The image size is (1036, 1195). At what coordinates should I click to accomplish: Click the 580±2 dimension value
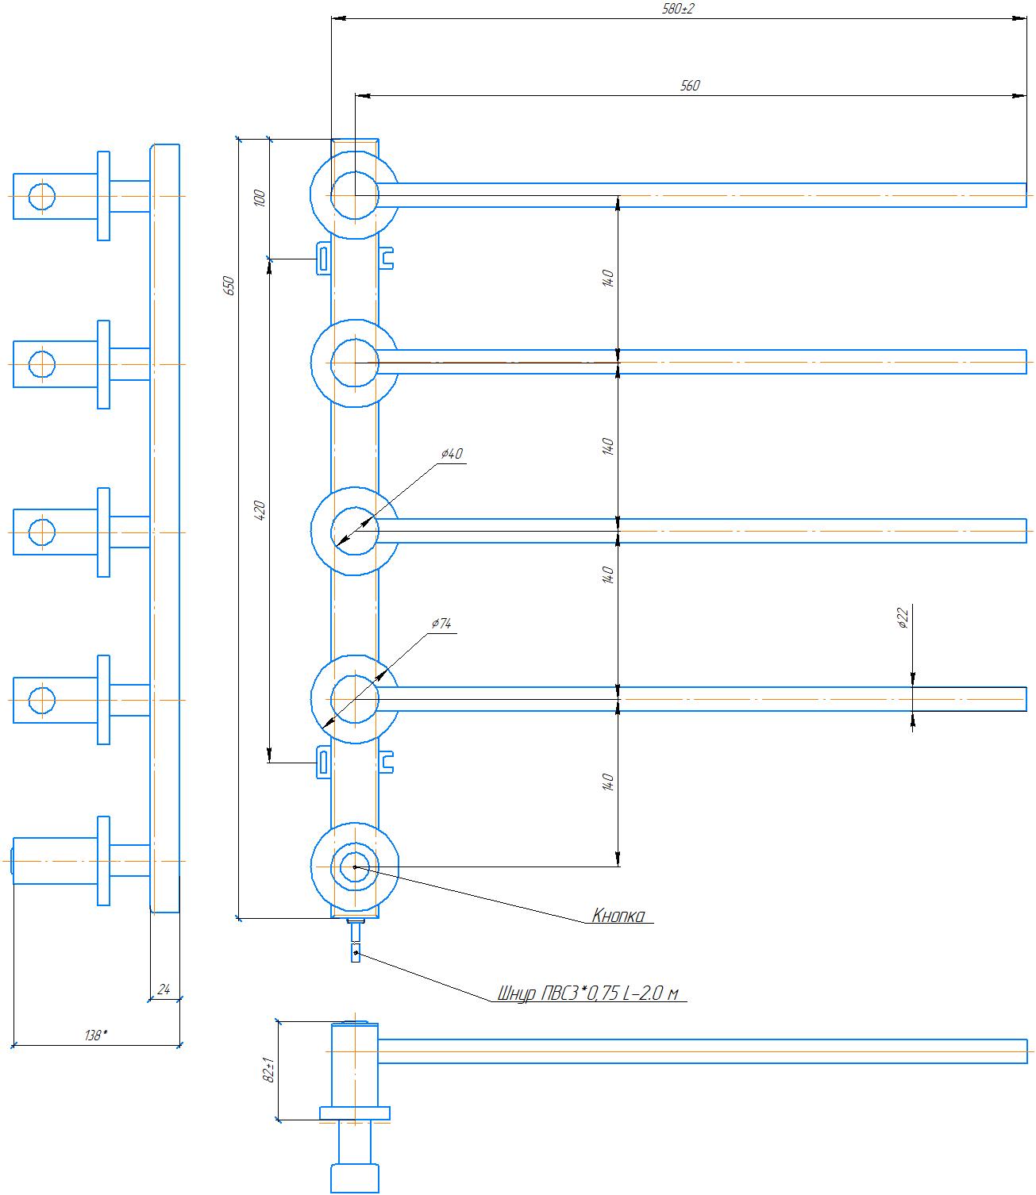(x=677, y=10)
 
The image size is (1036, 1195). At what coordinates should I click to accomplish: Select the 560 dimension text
(x=690, y=86)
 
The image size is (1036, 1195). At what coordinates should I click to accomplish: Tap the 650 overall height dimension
(x=229, y=286)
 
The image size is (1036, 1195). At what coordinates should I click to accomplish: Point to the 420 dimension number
(x=260, y=510)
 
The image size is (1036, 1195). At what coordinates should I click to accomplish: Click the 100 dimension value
(x=260, y=198)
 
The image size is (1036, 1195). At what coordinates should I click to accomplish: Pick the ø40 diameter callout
(x=452, y=454)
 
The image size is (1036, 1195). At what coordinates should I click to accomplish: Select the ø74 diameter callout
(x=441, y=623)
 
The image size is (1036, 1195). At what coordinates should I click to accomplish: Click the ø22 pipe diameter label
(x=903, y=618)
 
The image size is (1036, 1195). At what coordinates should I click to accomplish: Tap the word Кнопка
(x=618, y=915)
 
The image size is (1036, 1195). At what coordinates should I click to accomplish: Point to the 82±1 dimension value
(x=269, y=1070)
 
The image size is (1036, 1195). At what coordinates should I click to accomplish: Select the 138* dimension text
(x=96, y=1036)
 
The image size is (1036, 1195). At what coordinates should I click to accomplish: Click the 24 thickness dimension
(x=164, y=989)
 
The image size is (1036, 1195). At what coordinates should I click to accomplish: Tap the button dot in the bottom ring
(x=355, y=867)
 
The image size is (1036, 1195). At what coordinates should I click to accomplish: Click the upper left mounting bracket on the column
(x=323, y=258)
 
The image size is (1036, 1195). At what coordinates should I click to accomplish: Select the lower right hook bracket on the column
(x=386, y=762)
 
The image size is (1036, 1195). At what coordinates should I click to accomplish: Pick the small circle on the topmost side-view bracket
(x=41, y=197)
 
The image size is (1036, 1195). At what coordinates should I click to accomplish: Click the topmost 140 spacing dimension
(x=607, y=279)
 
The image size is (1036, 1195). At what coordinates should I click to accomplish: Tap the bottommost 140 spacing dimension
(x=607, y=782)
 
